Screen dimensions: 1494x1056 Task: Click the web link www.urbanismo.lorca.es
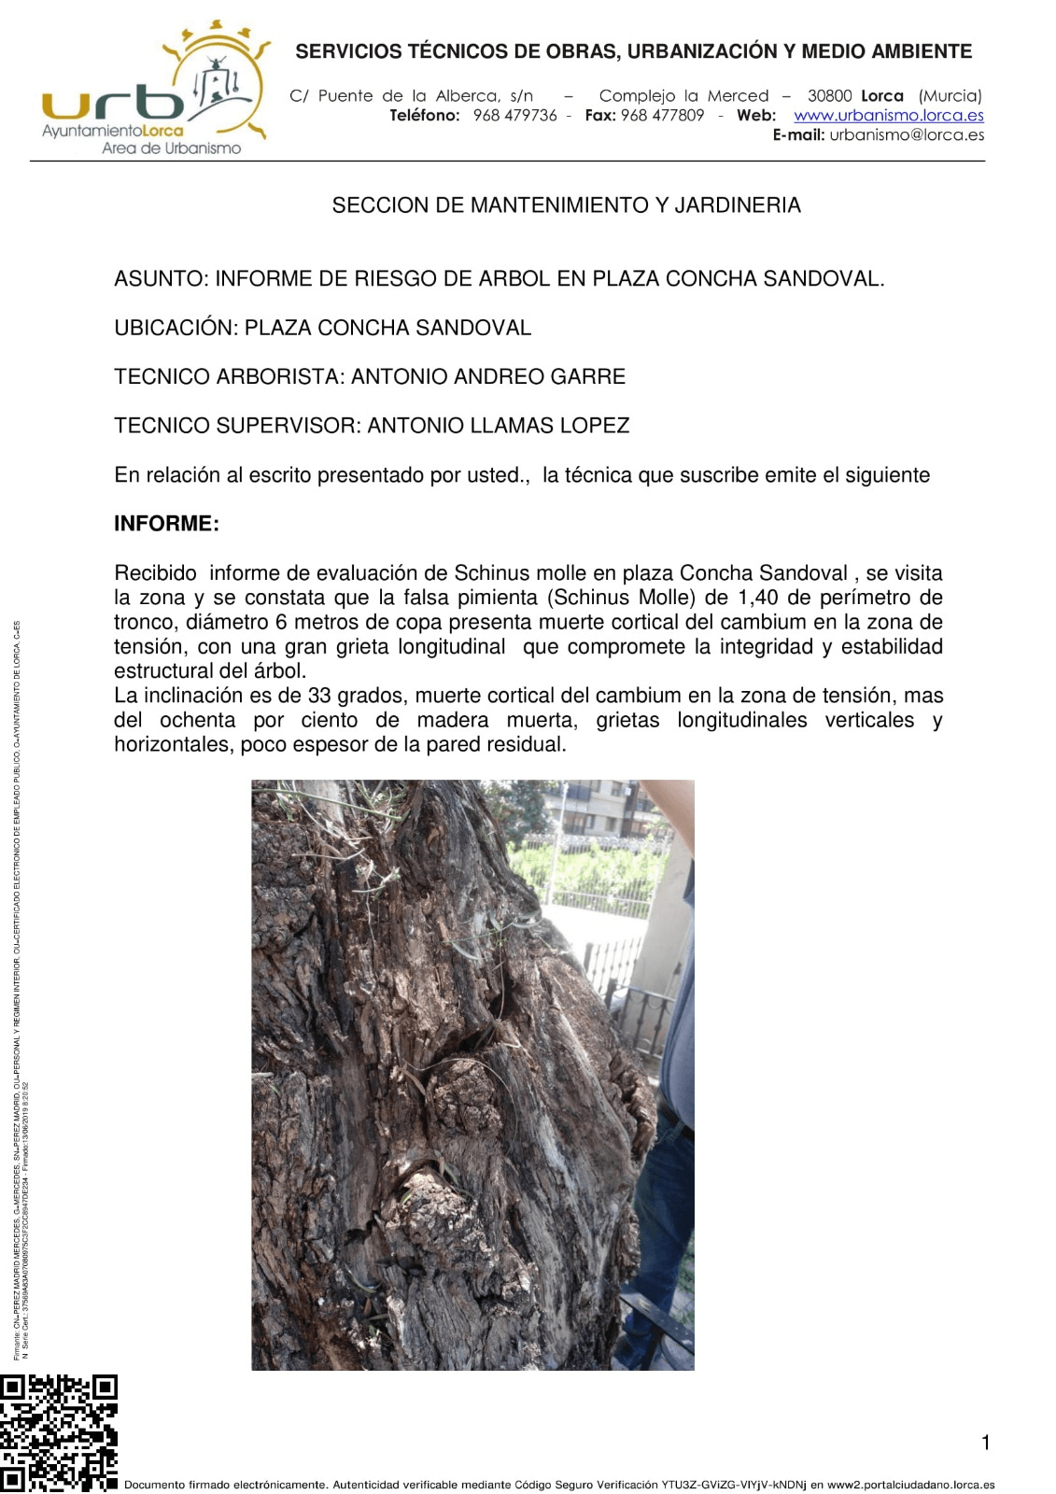click(888, 116)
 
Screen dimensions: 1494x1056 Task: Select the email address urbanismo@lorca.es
click(907, 135)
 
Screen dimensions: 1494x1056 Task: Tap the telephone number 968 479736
click(514, 116)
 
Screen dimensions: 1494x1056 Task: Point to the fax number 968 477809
click(662, 116)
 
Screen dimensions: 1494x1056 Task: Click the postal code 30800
click(829, 96)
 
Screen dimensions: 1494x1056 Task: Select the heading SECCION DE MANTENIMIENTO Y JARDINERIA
click(566, 205)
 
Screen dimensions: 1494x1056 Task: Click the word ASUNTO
click(159, 279)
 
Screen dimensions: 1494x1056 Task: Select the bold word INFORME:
click(166, 524)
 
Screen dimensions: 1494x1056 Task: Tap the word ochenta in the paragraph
click(197, 720)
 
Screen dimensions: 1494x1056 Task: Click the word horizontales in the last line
click(173, 744)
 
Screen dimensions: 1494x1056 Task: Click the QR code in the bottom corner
click(58, 1432)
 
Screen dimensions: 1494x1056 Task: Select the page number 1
click(985, 1443)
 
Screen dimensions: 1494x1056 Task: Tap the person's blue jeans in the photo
click(668, 1214)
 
